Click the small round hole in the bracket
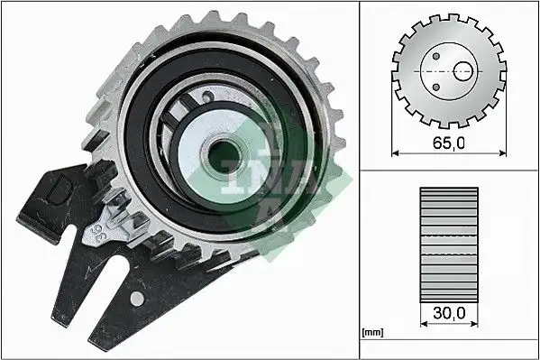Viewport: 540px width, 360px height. pyautogui.click(x=138, y=298)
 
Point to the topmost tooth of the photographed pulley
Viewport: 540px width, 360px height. pyautogui.click(x=213, y=15)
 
